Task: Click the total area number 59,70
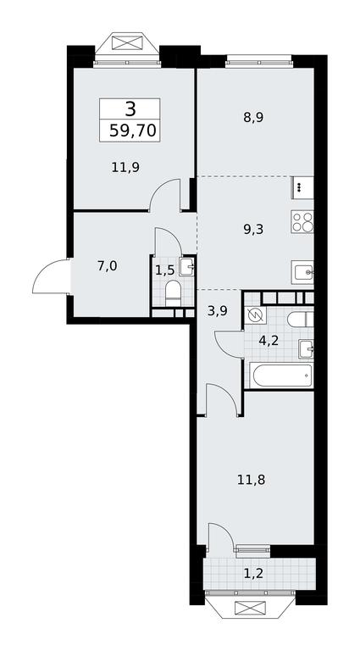coord(133,131)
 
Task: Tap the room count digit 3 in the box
coord(130,109)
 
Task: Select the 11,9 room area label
coord(125,167)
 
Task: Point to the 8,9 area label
coord(253,118)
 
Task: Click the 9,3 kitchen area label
coord(253,229)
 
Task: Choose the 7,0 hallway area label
coord(107,266)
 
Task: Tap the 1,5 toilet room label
coord(165,271)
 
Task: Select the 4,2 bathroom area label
coord(268,341)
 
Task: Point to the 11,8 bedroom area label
coord(252,481)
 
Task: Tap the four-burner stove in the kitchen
coord(302,221)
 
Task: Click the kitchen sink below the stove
coord(302,272)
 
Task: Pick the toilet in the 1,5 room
coord(173,294)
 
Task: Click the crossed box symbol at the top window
coord(126,42)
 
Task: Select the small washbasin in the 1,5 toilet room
coord(188,266)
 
